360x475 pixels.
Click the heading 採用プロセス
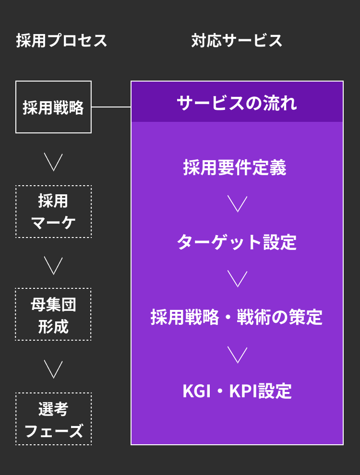click(x=61, y=41)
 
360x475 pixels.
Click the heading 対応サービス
click(x=237, y=41)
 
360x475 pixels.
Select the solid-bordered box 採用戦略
click(x=53, y=107)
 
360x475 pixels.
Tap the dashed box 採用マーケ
click(x=53, y=212)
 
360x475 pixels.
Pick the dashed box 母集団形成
click(x=53, y=314)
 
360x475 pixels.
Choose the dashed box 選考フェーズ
click(x=53, y=419)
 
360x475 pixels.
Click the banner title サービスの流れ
click(x=237, y=103)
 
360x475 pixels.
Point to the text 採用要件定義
click(x=235, y=167)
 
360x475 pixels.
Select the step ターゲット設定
click(x=237, y=242)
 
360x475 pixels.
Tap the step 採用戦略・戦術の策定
click(x=237, y=317)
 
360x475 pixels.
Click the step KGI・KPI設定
click(x=237, y=391)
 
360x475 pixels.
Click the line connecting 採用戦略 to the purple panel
click(x=111, y=107)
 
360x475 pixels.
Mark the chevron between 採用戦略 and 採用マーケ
click(x=53, y=162)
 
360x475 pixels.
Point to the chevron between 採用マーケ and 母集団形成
click(x=53, y=266)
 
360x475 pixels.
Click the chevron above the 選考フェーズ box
click(x=53, y=369)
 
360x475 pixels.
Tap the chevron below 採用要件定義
click(x=237, y=204)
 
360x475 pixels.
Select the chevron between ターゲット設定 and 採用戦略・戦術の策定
click(x=237, y=279)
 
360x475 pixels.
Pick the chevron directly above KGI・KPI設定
click(x=237, y=355)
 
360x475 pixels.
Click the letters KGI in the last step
click(x=196, y=391)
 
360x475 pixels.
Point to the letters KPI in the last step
click(x=243, y=391)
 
